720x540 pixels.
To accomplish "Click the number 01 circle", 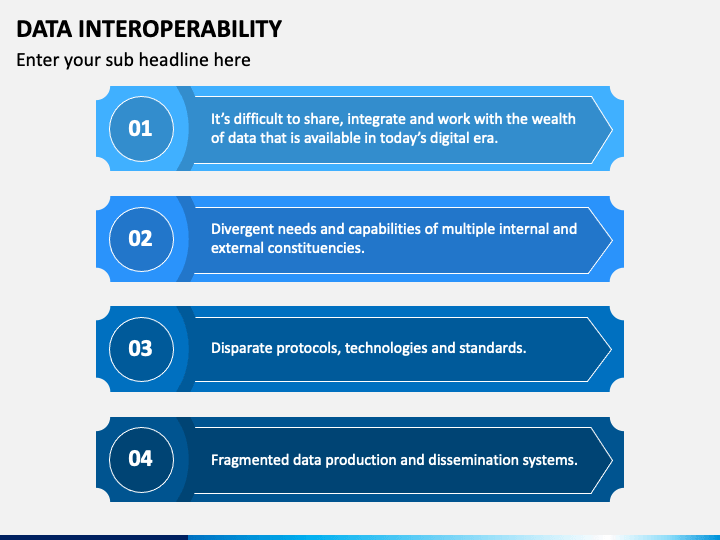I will (141, 128).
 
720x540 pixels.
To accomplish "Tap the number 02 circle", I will (141, 238).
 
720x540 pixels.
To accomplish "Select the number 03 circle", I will (141, 348).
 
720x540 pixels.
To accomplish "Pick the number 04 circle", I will (141, 458).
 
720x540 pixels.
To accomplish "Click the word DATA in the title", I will (42, 28).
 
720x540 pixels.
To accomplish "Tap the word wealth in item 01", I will (553, 118).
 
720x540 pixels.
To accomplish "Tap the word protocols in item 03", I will (310, 348).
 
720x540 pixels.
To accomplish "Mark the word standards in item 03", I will (492, 348).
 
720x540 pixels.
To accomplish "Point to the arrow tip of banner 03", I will (607, 348).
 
